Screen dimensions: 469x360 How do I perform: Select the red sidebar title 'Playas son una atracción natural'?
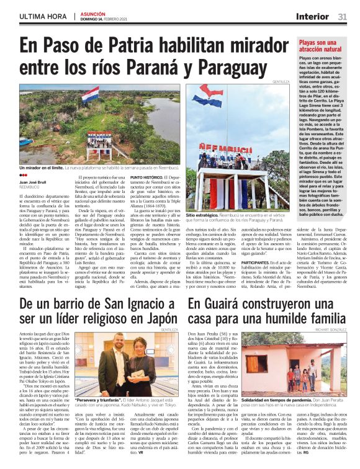[x=320, y=46]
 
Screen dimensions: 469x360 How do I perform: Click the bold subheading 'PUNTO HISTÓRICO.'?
[x=146, y=177]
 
